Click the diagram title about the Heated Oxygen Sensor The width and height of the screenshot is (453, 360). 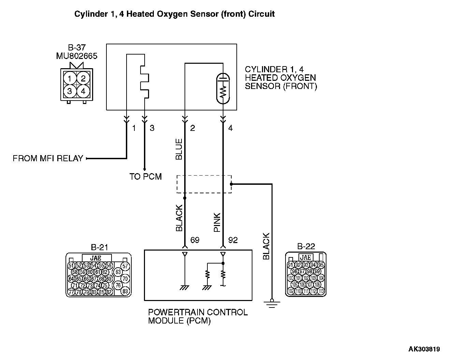point(174,14)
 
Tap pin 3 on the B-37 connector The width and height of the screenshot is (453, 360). point(70,91)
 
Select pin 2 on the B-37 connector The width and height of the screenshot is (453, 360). point(83,79)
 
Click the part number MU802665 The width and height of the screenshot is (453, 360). point(77,56)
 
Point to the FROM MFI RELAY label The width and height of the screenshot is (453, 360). point(48,159)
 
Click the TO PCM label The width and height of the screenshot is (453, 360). point(146,177)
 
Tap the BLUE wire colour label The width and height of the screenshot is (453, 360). point(179,149)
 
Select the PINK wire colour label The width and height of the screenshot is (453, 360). point(217,223)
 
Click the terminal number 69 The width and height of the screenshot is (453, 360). point(195,240)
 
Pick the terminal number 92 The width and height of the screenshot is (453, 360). point(233,240)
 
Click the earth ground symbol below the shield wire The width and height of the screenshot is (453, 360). point(272,303)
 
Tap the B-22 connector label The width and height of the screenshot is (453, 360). point(306,246)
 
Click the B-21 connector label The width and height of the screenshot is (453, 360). point(99,247)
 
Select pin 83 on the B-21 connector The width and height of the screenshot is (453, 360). point(125,291)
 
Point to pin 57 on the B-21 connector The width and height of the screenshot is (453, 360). point(125,266)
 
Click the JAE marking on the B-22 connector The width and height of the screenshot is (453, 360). point(306,258)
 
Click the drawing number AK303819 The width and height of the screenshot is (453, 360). point(424,349)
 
